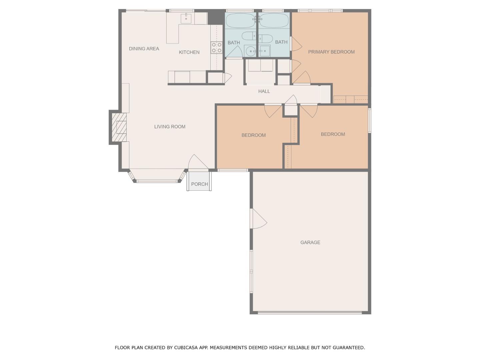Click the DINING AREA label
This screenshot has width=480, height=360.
[144, 49]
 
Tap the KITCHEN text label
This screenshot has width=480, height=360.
[189, 52]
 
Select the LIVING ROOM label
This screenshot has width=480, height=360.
[170, 127]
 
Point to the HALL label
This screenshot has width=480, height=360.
[264, 91]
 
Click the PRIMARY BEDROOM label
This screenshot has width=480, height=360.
[331, 52]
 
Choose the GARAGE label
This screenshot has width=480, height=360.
[310, 243]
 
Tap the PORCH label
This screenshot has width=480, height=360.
[199, 184]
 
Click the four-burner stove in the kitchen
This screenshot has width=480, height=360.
[217, 48]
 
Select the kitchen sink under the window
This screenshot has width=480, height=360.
[186, 18]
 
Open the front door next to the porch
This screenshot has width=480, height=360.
[198, 163]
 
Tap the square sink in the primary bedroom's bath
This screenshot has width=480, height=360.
[264, 51]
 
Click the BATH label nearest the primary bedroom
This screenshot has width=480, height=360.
[281, 42]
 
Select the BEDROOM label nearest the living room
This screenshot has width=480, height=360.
[253, 135]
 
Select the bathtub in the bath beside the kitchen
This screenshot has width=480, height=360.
[240, 21]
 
